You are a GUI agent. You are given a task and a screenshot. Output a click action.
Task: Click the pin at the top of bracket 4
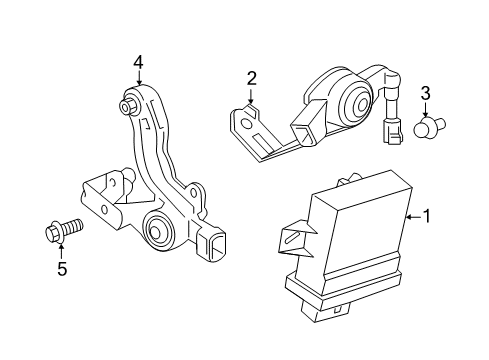coord(129,103)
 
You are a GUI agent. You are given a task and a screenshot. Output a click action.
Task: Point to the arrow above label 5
coord(61,250)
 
